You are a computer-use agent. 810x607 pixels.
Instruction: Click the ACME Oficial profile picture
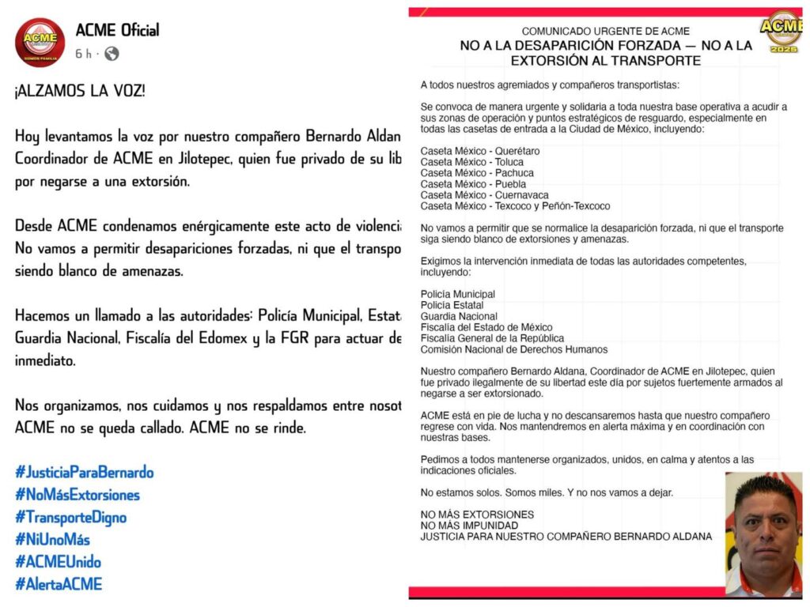[x=40, y=42]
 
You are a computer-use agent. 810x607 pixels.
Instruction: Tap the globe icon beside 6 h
[x=112, y=54]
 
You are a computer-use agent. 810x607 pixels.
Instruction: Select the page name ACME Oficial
[x=117, y=30]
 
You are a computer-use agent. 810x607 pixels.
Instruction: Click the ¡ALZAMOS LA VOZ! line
[x=79, y=90]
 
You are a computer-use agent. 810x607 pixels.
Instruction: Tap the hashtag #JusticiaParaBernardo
[x=84, y=473]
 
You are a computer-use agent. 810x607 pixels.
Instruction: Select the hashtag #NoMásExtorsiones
[x=77, y=495]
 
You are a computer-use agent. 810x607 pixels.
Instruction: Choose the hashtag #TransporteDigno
[x=70, y=518]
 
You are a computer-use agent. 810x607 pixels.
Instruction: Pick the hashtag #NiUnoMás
[x=52, y=540]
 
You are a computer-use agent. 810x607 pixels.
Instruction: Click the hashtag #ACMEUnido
[x=58, y=562]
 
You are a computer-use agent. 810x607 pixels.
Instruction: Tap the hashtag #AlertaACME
[x=59, y=585]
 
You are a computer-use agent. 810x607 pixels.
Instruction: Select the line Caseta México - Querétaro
[x=480, y=151]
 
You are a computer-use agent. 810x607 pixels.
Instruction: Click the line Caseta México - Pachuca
[x=477, y=173]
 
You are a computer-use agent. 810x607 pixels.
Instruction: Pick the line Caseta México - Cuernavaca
[x=484, y=195]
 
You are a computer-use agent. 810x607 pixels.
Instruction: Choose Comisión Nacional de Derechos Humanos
[x=514, y=349]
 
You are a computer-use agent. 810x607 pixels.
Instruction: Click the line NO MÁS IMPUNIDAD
[x=469, y=525]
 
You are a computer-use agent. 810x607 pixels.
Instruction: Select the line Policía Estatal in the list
[x=452, y=305]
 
